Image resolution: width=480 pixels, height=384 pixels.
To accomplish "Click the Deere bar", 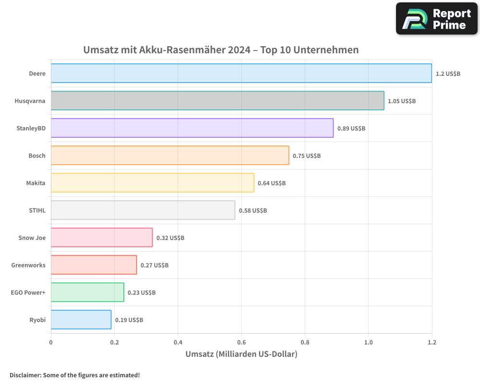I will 241,73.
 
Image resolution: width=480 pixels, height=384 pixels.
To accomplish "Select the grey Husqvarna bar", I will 217,101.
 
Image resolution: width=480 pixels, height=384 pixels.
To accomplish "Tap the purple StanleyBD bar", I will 192,128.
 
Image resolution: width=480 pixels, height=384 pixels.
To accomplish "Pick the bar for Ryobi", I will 81,320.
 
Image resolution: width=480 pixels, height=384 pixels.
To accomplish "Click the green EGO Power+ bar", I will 87,292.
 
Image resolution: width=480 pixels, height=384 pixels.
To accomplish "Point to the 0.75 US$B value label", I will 307,156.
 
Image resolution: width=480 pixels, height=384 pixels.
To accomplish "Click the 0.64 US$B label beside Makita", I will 272,183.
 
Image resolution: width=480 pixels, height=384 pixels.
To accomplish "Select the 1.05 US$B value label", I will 402,101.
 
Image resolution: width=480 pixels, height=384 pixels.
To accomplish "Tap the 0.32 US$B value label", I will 170,238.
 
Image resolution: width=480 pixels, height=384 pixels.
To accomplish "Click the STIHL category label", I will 37,210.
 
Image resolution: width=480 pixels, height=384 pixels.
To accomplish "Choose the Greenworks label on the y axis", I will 28,265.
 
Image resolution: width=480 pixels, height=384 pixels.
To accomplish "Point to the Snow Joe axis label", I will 32,238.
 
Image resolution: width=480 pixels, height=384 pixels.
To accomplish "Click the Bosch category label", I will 37,156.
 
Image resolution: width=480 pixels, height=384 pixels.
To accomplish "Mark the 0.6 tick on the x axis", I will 241,342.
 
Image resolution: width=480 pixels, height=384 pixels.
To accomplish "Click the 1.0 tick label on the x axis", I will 368,342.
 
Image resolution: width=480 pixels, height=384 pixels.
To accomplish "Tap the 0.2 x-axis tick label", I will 114,342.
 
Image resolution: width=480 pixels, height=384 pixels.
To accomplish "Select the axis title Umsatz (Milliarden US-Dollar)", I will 241,354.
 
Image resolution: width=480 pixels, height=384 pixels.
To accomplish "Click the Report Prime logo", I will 437,19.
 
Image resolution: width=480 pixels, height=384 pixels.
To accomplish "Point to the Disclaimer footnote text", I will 74,375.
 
